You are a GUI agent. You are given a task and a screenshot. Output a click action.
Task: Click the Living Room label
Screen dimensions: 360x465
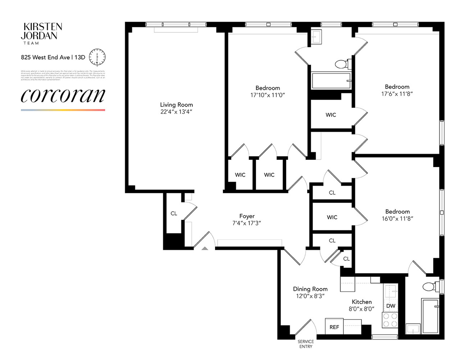176,105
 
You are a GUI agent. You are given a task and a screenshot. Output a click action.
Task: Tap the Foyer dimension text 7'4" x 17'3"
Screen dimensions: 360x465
247,223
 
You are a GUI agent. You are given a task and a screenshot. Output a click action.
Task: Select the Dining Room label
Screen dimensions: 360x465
310,289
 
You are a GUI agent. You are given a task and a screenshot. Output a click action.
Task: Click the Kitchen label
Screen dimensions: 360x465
361,302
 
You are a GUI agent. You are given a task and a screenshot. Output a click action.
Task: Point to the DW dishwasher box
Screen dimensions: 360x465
391,306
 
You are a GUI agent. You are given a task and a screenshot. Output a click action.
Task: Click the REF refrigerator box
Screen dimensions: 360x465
334,327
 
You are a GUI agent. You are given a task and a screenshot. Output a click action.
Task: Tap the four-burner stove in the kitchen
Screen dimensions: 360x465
390,320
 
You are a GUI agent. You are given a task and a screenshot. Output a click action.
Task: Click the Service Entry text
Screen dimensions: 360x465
305,344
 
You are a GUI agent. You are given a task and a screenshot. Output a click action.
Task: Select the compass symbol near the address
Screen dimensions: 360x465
97,57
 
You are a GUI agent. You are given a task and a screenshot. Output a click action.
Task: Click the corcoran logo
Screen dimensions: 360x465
63,95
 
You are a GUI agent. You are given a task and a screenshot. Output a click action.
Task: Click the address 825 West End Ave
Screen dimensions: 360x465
45,57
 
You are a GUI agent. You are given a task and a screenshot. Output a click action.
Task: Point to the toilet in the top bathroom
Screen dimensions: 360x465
342,64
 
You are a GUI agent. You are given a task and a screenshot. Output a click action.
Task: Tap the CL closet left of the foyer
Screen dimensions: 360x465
174,213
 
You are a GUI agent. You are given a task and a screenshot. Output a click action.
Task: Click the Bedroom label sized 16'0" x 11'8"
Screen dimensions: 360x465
397,212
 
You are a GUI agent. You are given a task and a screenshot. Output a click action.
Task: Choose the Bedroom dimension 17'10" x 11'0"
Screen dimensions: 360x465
268,95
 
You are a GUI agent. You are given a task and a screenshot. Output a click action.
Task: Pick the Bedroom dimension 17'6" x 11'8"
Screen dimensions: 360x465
397,94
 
